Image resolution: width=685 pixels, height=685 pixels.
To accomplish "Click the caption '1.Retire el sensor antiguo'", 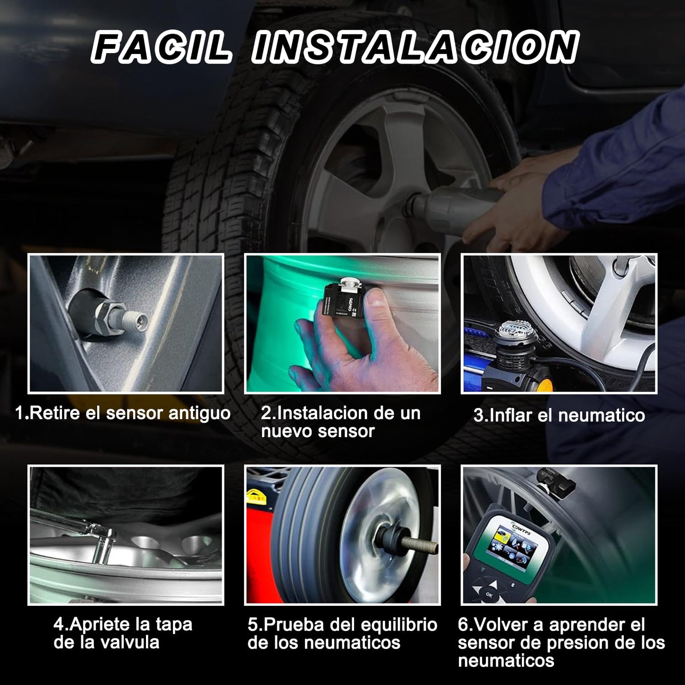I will [123, 413].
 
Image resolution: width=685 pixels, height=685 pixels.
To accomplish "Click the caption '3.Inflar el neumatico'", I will [559, 415].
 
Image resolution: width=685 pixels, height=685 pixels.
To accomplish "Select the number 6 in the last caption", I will [463, 625].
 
